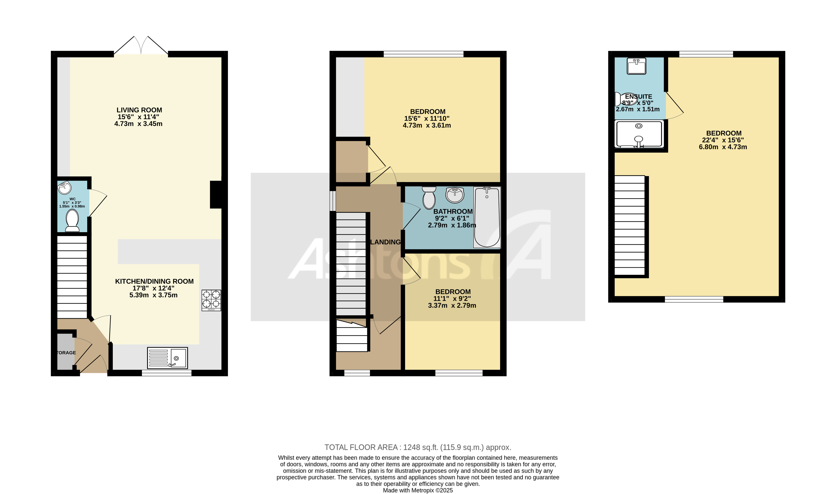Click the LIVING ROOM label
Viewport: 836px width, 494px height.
pos(139,110)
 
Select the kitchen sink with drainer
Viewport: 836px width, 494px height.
pos(167,358)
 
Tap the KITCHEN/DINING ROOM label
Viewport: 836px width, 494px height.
pos(154,281)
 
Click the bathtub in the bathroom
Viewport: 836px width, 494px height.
pos(487,217)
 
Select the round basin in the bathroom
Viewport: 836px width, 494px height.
pos(455,195)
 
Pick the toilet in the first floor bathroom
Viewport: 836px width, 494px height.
pos(429,198)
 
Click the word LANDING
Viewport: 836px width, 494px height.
pos(385,242)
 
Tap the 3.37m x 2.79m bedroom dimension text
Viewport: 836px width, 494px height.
pos(452,306)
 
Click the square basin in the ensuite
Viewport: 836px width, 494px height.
pos(636,66)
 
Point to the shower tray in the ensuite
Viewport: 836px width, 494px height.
pos(639,134)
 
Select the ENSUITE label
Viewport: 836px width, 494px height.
pos(638,97)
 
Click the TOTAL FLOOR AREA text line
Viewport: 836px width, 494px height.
pos(417,447)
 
